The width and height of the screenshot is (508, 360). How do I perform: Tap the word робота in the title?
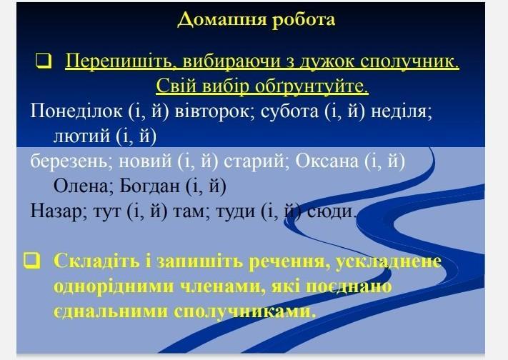click(303, 19)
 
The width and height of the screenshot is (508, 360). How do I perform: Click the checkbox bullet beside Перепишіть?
click(44, 61)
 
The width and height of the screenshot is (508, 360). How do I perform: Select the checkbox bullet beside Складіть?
click(31, 261)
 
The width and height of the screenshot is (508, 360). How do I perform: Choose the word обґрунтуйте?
click(312, 86)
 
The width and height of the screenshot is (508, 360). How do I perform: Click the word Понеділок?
click(76, 111)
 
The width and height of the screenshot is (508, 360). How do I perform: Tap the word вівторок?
click(215, 111)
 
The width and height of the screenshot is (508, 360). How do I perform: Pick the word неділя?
click(402, 111)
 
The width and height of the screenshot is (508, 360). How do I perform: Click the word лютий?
click(81, 136)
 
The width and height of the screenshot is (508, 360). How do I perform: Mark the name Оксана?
click(327, 161)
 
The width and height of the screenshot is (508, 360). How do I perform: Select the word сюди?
click(332, 211)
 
